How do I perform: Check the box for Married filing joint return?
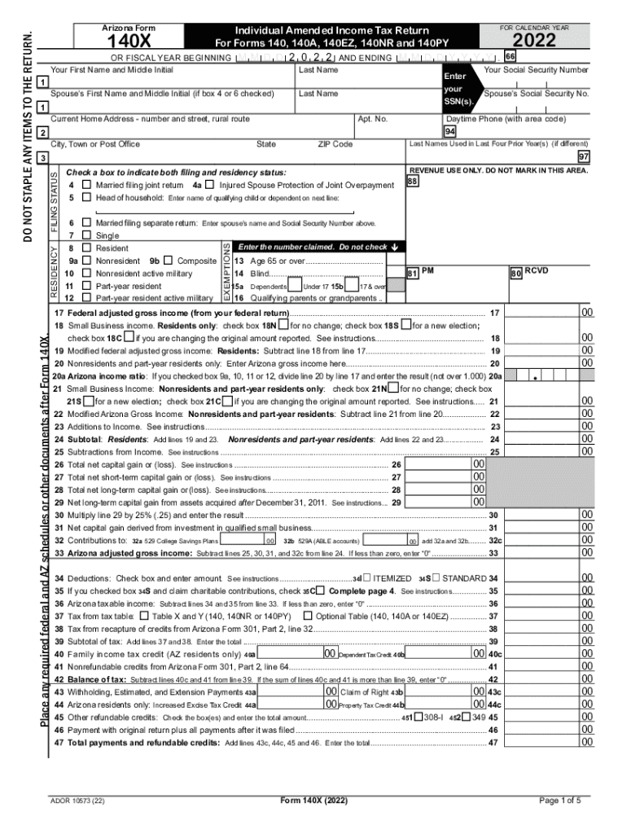coord(85,186)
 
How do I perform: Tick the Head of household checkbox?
coord(85,198)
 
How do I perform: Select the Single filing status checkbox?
coord(85,235)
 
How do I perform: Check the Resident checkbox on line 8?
coord(85,248)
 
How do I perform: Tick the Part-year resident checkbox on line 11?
coord(85,286)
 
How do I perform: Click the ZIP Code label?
coord(335,144)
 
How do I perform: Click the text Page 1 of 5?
coord(559,800)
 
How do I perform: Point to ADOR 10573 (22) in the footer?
coord(77,801)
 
